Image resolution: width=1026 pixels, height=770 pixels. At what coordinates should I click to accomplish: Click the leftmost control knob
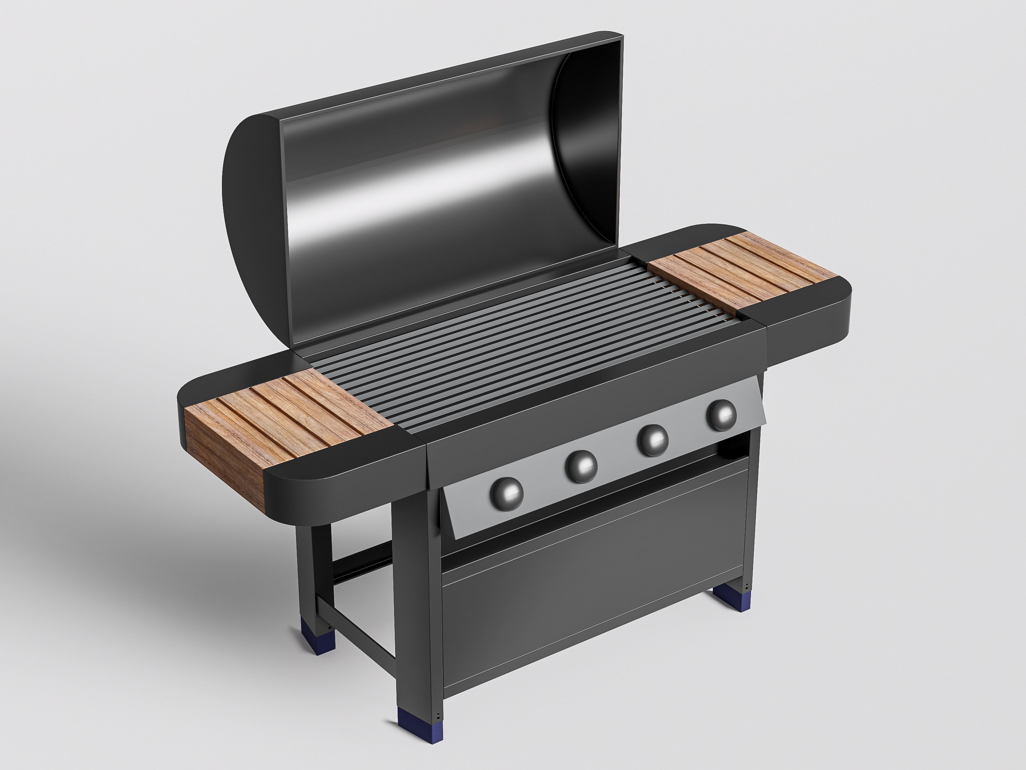coord(507,494)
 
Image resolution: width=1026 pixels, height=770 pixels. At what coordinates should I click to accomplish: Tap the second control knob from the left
coord(581,466)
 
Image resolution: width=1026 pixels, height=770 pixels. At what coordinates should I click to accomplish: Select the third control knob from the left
coord(653,440)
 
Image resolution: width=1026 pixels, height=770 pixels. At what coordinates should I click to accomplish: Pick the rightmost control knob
coord(721,415)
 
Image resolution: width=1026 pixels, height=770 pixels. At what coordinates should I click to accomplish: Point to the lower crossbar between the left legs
coord(357,628)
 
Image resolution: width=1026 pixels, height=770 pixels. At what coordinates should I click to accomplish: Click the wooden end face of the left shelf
coord(223,452)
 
